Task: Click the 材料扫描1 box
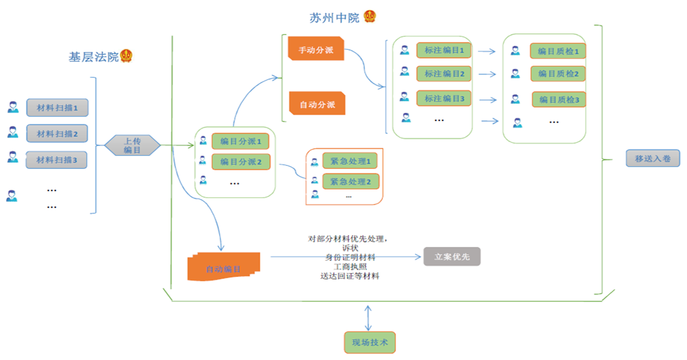pyautogui.click(x=57, y=107)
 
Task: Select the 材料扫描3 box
pyautogui.click(x=57, y=160)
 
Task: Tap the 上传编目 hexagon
pyautogui.click(x=133, y=145)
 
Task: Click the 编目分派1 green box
pyautogui.click(x=240, y=142)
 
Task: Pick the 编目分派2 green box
pyautogui.click(x=240, y=162)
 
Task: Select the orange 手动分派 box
pyautogui.click(x=316, y=49)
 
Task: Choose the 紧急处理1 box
pyautogui.click(x=350, y=162)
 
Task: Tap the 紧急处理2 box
pyautogui.click(x=350, y=181)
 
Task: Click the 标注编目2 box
pyautogui.click(x=444, y=74)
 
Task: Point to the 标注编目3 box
pyautogui.click(x=444, y=99)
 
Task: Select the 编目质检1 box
pyautogui.click(x=558, y=51)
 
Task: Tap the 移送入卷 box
pyautogui.click(x=653, y=158)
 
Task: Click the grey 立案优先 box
pyautogui.click(x=452, y=256)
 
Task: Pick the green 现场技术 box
pyautogui.click(x=370, y=342)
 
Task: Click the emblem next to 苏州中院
pyautogui.click(x=370, y=16)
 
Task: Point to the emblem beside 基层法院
pyautogui.click(x=126, y=56)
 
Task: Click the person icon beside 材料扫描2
pyautogui.click(x=13, y=133)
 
